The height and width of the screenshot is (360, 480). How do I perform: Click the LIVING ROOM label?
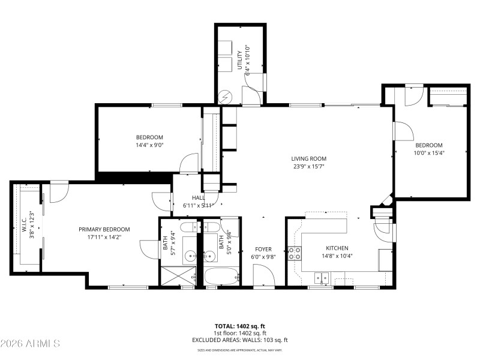[x=309, y=158]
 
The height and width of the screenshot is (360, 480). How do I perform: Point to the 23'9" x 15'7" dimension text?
[x=309, y=167]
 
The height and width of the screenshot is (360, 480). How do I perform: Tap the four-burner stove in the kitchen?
[x=295, y=253]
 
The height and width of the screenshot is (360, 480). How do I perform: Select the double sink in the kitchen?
[x=322, y=278]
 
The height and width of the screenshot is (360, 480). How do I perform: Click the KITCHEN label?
[x=337, y=248]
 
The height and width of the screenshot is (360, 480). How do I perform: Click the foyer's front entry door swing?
[x=264, y=276]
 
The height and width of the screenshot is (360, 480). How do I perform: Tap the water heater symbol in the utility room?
[x=225, y=95]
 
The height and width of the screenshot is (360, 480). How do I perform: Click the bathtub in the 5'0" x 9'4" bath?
[x=220, y=277]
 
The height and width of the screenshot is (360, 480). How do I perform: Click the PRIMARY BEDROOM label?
[x=104, y=229]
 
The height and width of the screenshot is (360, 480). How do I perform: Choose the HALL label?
[x=198, y=197]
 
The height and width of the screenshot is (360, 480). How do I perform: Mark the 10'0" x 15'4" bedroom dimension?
[x=429, y=152]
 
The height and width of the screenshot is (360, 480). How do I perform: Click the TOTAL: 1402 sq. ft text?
[x=239, y=326]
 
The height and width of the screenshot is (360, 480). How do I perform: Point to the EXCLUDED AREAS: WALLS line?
[x=239, y=340]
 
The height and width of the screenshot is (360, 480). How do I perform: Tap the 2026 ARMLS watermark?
[x=30, y=344]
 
